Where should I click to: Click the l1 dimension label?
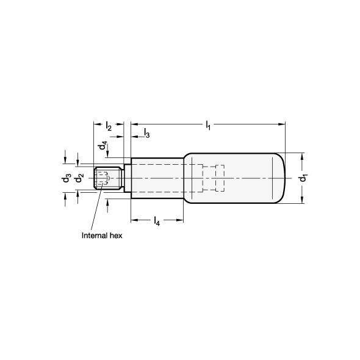(208, 126)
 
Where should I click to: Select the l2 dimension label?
(109, 126)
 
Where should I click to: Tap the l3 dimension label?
(146, 134)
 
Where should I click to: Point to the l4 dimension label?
(157, 221)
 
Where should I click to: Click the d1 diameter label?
(304, 178)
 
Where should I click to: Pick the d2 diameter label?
(79, 178)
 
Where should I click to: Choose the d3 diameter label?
(67, 178)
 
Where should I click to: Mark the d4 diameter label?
(103, 146)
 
